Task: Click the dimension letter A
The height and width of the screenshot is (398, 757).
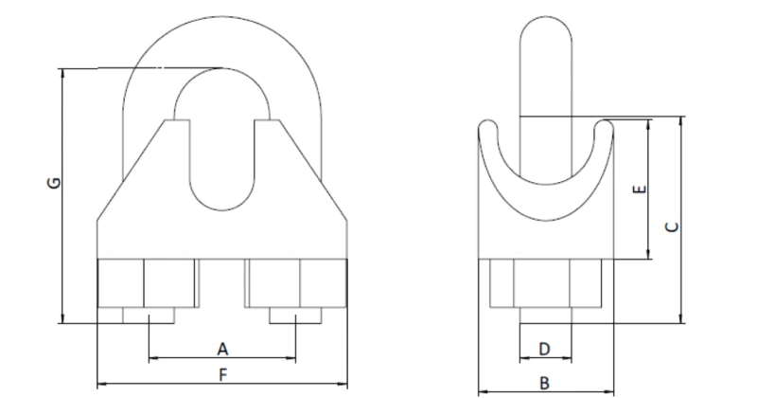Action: [x=222, y=346]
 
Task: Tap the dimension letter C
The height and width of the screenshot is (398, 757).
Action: [x=671, y=227]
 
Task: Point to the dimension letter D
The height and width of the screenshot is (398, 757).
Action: [x=544, y=349]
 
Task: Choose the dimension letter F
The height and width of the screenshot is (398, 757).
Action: [x=222, y=373]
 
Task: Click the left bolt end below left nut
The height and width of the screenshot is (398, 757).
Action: [x=148, y=315]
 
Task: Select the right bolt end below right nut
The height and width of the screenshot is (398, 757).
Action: [x=295, y=315]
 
